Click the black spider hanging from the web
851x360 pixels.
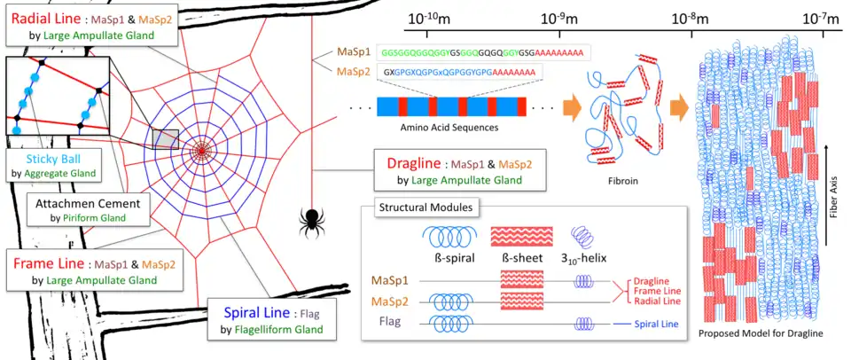click(x=311, y=218)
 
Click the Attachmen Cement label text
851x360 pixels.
click(x=87, y=203)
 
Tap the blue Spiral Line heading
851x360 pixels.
click(x=252, y=311)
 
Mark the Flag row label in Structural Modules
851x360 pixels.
click(x=389, y=323)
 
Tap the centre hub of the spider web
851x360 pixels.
click(x=202, y=152)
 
